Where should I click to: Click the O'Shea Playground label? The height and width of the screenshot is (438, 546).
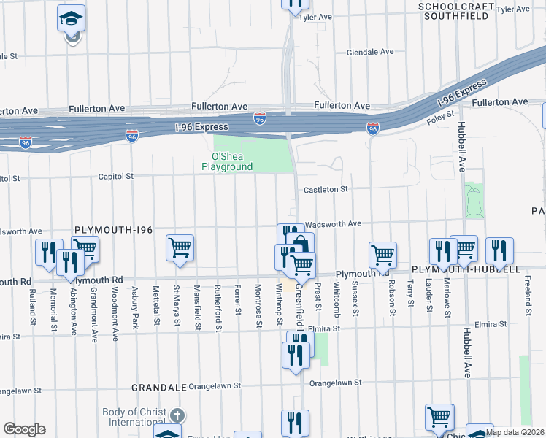[227, 161]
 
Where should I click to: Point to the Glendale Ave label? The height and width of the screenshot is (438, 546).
[370, 53]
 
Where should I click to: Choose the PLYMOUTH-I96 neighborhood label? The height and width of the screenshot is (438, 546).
[113, 230]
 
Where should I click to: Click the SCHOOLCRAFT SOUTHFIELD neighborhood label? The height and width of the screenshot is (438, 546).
[453, 10]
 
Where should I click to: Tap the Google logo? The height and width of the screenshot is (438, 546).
[24, 429]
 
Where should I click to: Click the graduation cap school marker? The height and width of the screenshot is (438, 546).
[71, 20]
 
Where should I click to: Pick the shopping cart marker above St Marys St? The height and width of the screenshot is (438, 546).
[180, 247]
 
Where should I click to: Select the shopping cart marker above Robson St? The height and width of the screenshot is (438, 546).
[382, 255]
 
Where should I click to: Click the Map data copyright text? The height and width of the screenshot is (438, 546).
[515, 432]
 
